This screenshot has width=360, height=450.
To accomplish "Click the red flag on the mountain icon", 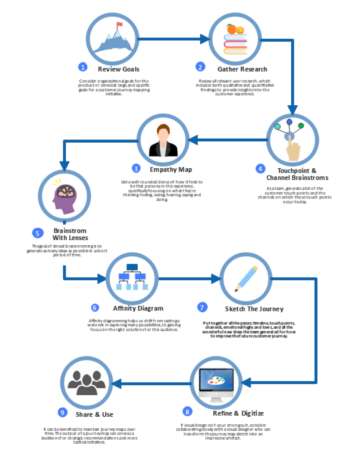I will point(119,25).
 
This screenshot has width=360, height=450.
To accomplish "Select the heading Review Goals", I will point(119,69).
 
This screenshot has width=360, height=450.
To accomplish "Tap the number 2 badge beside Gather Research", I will point(200,67).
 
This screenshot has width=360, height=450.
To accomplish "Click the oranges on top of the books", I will point(235,30).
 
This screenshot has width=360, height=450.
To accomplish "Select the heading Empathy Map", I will point(171,169).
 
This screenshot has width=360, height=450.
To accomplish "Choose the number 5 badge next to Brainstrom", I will point(37,233).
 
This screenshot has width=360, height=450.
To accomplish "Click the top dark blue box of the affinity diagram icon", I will point(131,267).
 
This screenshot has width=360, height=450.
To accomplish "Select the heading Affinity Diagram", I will point(138,308).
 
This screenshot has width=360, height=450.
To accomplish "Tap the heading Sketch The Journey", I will point(254,309).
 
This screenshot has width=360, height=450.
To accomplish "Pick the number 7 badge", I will point(202,307).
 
